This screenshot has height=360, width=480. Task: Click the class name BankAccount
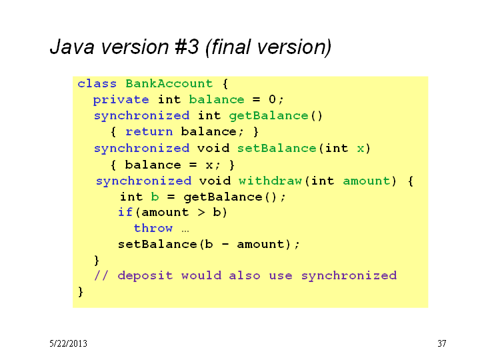169,83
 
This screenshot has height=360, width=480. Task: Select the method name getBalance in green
269,116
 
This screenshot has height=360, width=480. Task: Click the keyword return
149,132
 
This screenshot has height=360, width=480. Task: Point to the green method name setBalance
277,149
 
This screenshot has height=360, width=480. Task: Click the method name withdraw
270,181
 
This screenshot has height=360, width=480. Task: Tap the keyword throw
153,228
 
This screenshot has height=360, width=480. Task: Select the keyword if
125,212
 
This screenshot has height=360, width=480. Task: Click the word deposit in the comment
145,276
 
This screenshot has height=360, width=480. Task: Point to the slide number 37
442,343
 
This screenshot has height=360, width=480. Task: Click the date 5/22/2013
68,343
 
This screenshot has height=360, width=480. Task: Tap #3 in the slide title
187,47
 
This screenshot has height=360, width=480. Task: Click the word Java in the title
72,47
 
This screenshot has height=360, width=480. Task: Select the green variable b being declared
155,197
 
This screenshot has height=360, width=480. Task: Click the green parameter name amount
367,181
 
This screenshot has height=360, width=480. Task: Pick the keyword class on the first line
97,83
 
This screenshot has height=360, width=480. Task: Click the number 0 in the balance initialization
272,99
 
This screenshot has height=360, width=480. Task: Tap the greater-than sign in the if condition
201,212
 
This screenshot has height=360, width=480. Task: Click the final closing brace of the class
81,292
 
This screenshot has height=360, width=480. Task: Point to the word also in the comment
245,275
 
